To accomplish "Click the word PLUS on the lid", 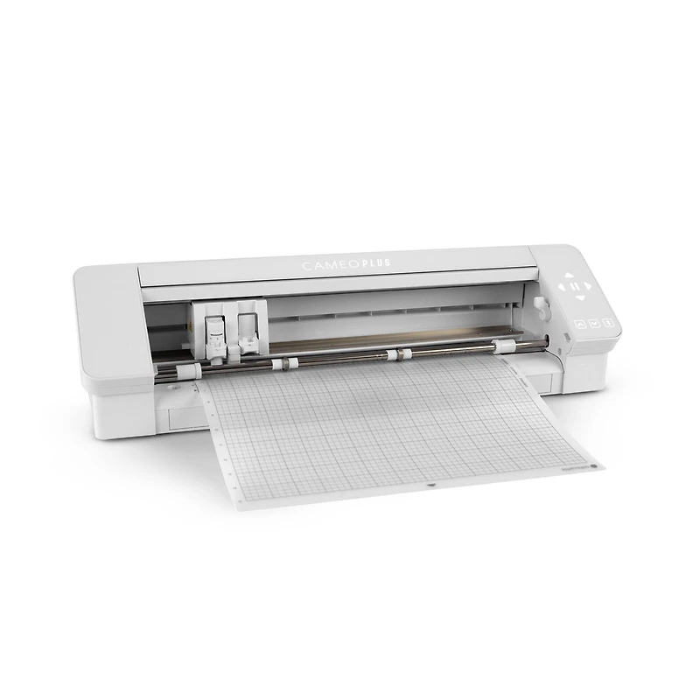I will click(x=378, y=262).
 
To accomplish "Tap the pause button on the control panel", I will click(x=574, y=285).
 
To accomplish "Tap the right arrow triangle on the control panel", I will click(x=589, y=284).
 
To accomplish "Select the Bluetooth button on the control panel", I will click(x=609, y=323).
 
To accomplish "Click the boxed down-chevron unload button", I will click(x=594, y=323).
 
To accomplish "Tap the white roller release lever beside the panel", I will click(x=540, y=307).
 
